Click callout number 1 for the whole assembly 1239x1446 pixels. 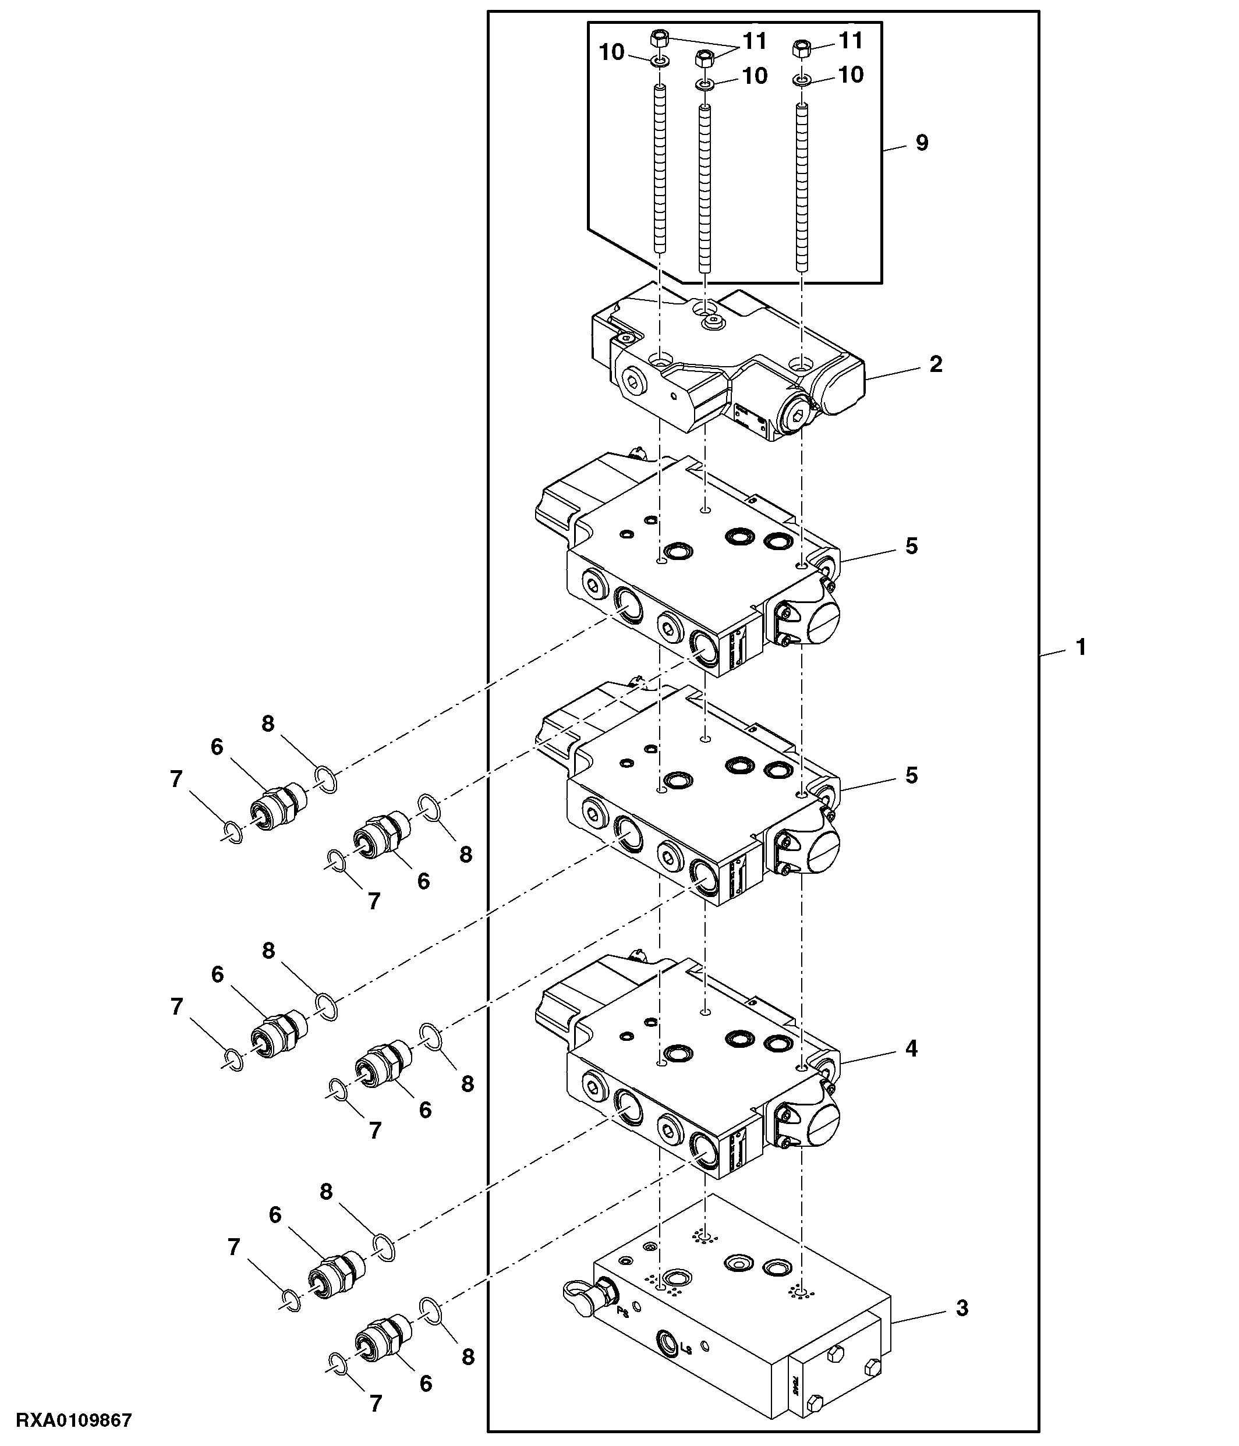click(x=1081, y=648)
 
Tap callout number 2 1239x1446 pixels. click(x=936, y=364)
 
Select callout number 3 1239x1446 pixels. click(x=962, y=1308)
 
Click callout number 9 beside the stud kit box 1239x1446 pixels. click(x=922, y=143)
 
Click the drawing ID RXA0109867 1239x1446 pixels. click(x=73, y=1420)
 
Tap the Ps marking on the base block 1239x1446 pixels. click(x=622, y=1312)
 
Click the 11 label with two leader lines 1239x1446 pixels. click(x=755, y=41)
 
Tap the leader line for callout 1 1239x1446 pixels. click(x=1053, y=652)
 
